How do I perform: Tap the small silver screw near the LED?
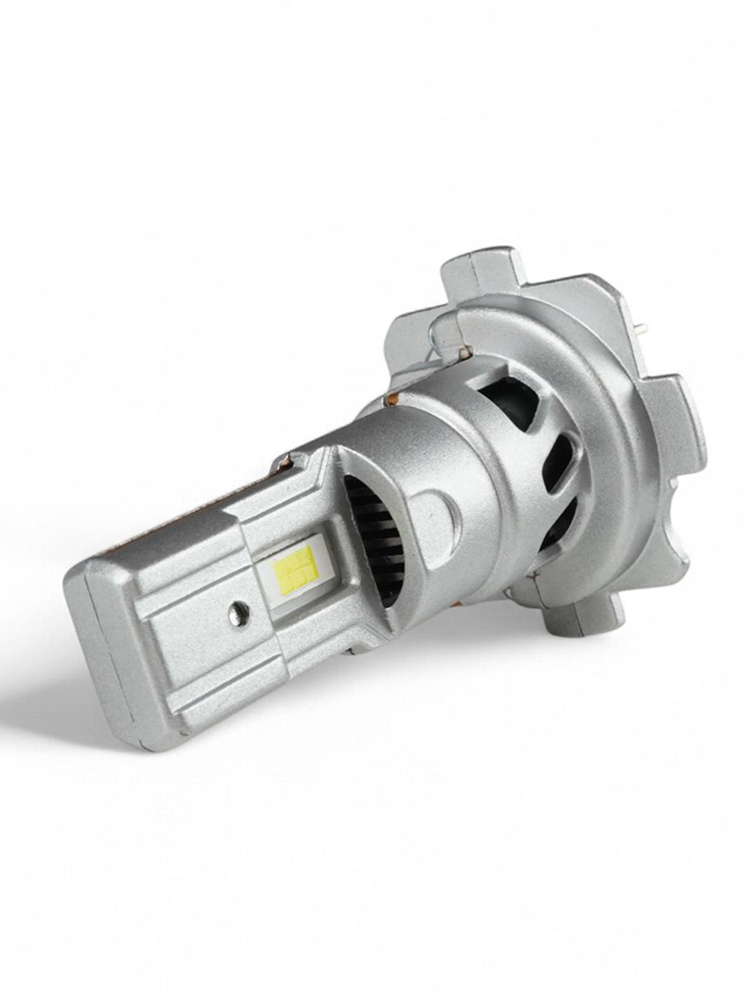[x=237, y=611]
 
